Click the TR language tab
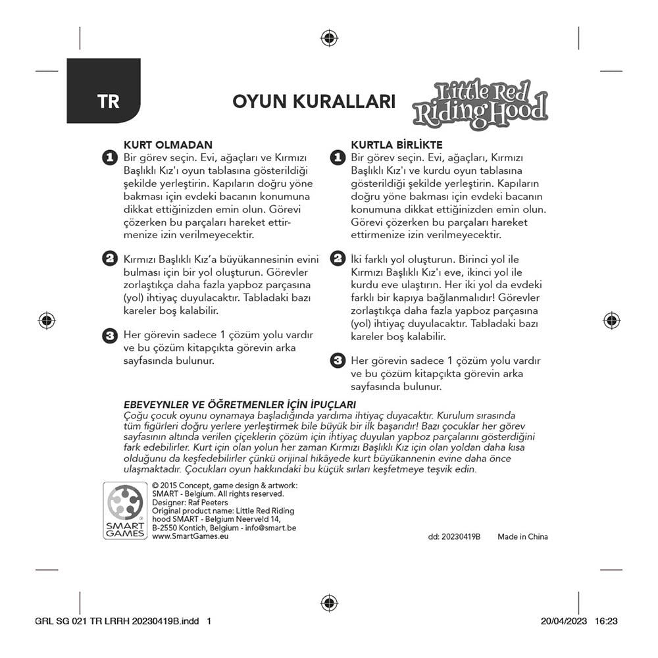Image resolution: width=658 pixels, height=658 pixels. pyautogui.click(x=108, y=102)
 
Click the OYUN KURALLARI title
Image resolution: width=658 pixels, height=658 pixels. pyautogui.click(x=314, y=102)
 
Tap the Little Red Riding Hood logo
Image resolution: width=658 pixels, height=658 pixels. pyautogui.click(x=480, y=103)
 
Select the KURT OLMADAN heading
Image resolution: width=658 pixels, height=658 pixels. pyautogui.click(x=168, y=145)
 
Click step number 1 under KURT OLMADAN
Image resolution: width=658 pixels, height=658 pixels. pyautogui.click(x=109, y=158)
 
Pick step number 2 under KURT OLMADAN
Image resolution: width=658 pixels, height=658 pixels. pyautogui.click(x=109, y=259)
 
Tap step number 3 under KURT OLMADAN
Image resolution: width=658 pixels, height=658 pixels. pyautogui.click(x=109, y=336)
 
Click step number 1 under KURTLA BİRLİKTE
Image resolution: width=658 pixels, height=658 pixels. pyautogui.click(x=337, y=158)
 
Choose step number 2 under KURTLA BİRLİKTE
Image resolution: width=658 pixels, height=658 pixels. pyautogui.click(x=337, y=259)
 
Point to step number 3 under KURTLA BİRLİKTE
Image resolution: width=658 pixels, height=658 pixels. pyautogui.click(x=337, y=361)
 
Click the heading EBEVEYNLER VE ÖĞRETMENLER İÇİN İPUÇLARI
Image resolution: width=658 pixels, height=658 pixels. pyautogui.click(x=240, y=404)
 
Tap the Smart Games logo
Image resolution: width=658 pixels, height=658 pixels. pyautogui.click(x=125, y=511)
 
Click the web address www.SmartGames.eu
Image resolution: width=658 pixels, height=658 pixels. pyautogui.click(x=190, y=536)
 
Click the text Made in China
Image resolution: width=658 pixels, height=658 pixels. pyautogui.click(x=522, y=536)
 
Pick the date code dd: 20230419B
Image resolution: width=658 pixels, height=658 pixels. pyautogui.click(x=454, y=536)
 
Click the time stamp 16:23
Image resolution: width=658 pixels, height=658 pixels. pyautogui.click(x=606, y=620)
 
